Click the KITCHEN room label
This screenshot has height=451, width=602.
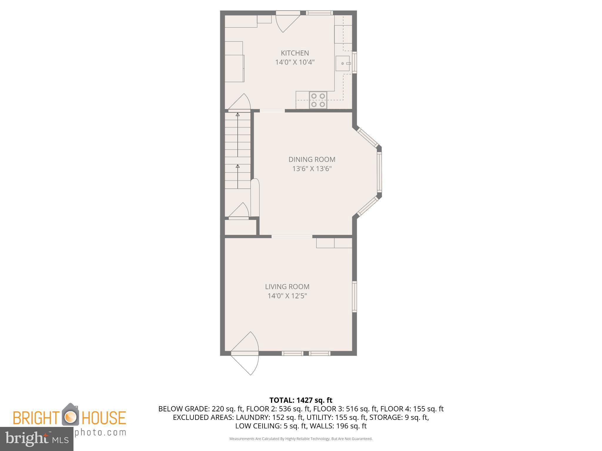point(295,53)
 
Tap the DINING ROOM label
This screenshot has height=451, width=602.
point(312,159)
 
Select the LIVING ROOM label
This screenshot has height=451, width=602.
point(287,287)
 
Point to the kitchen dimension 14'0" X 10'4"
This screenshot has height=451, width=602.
point(295,62)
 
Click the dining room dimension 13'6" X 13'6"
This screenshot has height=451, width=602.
point(312,169)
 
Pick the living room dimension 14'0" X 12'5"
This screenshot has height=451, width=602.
point(287,296)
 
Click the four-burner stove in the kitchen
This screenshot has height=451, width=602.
point(318,100)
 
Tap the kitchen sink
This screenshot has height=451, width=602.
point(343,63)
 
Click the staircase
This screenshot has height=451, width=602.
point(238,150)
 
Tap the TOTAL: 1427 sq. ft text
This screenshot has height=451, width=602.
point(301,400)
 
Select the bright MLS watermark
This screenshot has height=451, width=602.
point(37,439)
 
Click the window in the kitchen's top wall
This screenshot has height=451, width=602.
point(319,13)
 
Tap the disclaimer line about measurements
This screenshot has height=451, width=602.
point(301,439)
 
